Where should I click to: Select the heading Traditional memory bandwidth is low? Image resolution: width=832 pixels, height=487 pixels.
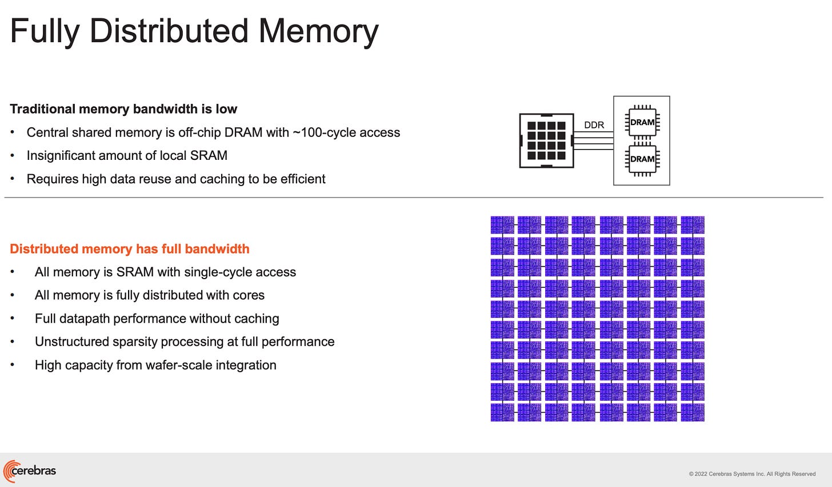tap(123, 109)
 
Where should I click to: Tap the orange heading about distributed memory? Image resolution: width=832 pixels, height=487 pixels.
tap(130, 249)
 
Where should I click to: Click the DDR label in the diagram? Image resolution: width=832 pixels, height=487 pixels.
tap(594, 125)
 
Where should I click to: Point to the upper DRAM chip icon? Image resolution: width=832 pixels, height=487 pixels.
tap(642, 122)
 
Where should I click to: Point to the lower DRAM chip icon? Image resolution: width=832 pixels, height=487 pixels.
tap(642, 158)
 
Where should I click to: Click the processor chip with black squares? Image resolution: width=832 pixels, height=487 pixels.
tap(546, 140)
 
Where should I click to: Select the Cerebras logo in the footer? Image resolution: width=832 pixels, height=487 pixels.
tap(30, 471)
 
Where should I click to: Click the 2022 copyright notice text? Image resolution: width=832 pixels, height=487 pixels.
tap(752, 474)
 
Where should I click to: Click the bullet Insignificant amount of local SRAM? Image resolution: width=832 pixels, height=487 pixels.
tap(127, 155)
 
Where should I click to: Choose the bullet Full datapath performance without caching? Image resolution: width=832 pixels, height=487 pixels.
tap(157, 319)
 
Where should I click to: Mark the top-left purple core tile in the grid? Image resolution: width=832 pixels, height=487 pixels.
tap(502, 225)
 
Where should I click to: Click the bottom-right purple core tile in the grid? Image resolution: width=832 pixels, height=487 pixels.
tap(692, 412)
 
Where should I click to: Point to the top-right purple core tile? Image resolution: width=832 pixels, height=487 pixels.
tap(692, 225)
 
